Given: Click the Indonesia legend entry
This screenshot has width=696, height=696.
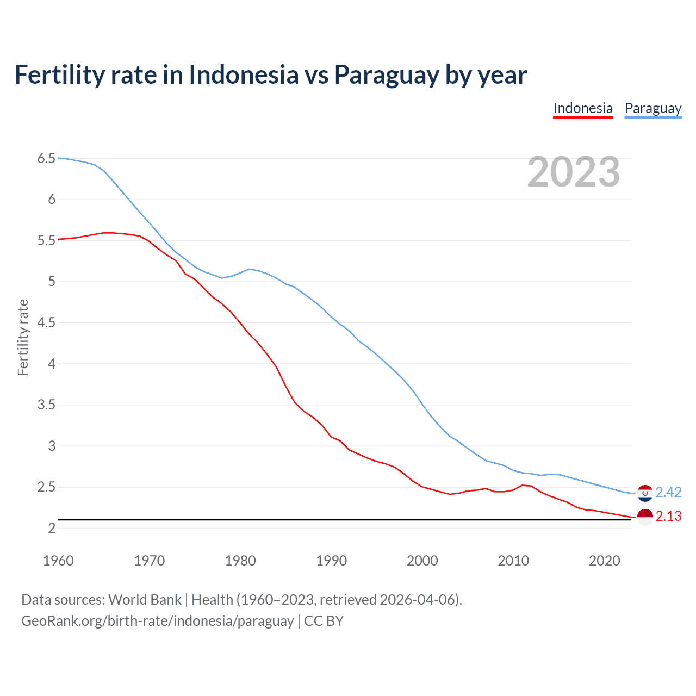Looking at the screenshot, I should pos(583,108).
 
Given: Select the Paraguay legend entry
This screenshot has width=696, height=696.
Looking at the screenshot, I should pos(653,108).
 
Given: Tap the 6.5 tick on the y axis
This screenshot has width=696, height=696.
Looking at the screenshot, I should pos(46,158).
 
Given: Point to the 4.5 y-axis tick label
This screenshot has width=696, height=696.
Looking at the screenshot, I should pos(46,322).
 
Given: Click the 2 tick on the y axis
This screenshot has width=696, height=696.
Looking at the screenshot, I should pos(52,528).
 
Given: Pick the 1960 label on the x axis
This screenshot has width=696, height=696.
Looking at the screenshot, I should pos(58,561).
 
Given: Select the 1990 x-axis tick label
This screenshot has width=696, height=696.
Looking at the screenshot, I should pos(331,561).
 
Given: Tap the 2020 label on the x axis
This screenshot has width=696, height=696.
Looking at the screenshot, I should pos(604,561).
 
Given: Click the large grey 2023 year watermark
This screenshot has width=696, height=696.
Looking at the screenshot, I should pos(573,172).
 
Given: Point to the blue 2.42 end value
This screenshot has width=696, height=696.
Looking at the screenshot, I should pos(668,492).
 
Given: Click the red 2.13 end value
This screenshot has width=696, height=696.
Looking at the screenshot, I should pos(668,516).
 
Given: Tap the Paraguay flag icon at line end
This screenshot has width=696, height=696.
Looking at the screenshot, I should pos(645,493).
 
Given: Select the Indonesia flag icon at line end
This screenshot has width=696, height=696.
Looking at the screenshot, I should pos(645,517).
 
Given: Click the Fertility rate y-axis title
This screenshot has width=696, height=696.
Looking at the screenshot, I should pos(23,337).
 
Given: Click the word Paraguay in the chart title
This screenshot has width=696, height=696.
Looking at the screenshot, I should pos(386,74).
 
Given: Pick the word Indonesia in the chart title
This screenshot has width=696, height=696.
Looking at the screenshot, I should pos(244,74).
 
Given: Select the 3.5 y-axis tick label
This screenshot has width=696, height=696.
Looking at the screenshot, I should pos(46,405).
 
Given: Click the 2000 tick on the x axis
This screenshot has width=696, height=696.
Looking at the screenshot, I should pos(422,561).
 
